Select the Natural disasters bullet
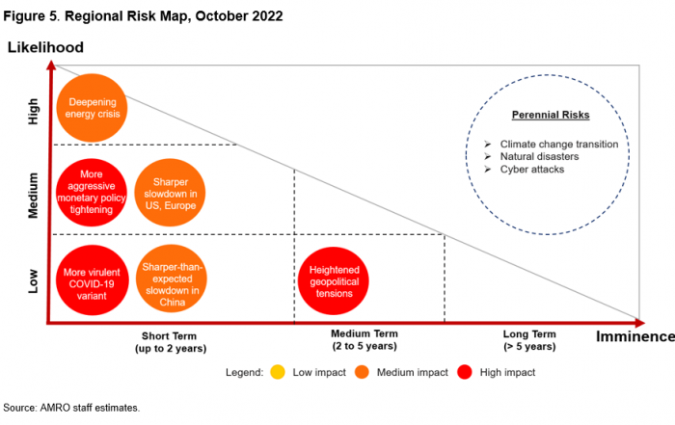coord(539,156)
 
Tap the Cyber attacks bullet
coord(531,169)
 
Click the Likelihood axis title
coord(45,47)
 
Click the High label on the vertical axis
coord(34,114)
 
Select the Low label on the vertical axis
coord(34,280)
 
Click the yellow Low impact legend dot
coord(277,371)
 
